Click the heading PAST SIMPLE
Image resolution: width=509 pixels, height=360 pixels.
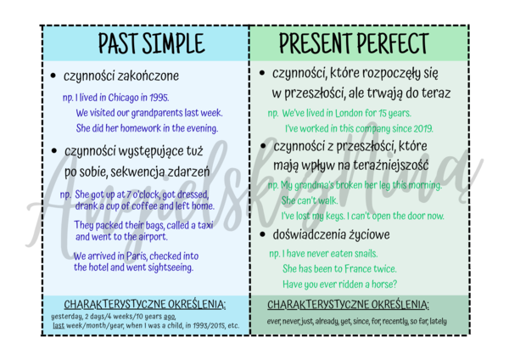150,42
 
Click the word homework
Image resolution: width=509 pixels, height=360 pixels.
136,128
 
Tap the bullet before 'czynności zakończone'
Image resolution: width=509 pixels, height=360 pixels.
54,76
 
